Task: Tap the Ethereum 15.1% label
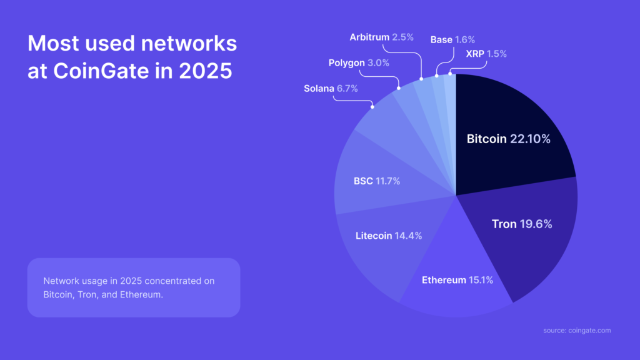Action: tap(457, 280)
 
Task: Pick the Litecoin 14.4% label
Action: tap(389, 236)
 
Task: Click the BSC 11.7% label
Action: tap(377, 181)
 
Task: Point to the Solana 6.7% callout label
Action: tap(331, 89)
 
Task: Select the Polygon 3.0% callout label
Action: tap(359, 62)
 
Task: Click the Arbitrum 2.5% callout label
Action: tap(381, 37)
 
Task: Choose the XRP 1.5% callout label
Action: tap(486, 54)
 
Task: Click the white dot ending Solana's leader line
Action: tap(372, 107)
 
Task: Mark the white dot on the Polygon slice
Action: tap(399, 89)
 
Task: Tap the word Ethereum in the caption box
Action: tap(146, 294)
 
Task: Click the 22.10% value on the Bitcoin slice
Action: tap(530, 139)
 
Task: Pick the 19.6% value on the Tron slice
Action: tap(536, 224)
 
